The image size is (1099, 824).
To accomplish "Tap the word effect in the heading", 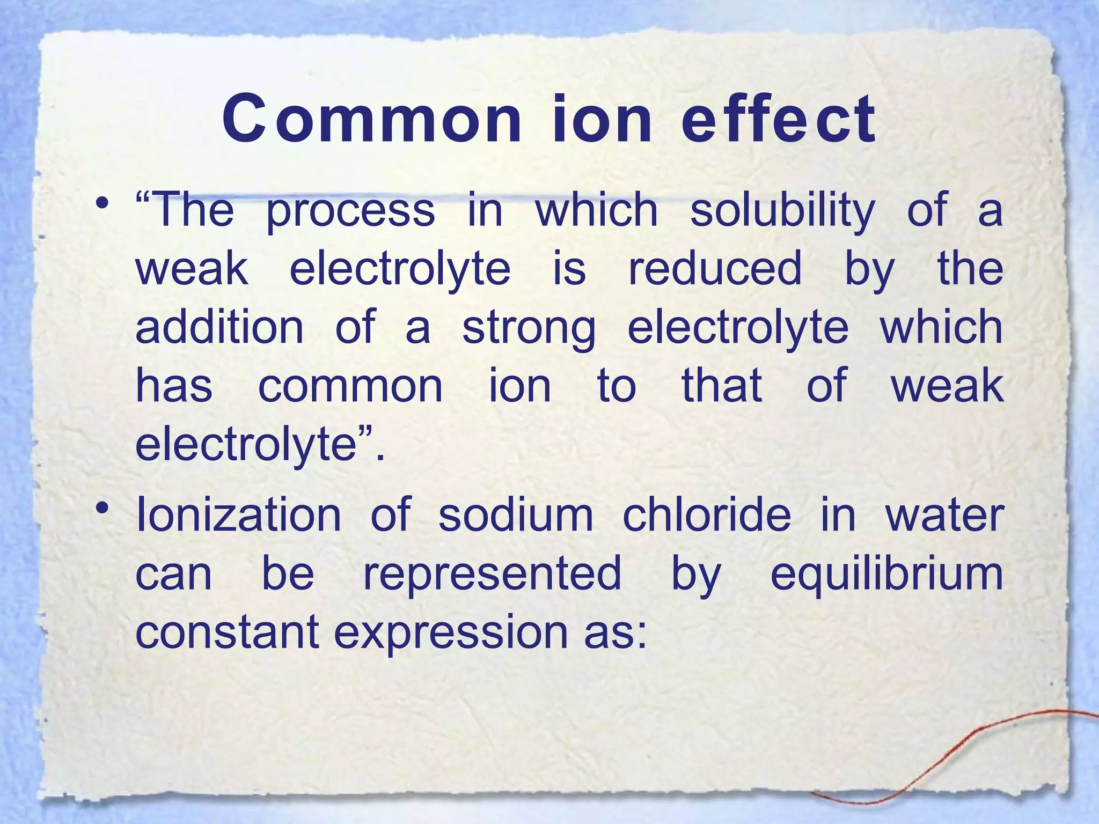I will (x=778, y=119).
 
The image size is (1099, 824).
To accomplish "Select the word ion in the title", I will (x=601, y=119).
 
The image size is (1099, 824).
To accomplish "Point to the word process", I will (x=350, y=211).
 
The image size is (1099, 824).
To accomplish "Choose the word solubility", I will (x=782, y=211).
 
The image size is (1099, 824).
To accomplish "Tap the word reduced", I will (x=715, y=269).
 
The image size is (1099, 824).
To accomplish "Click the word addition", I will (x=219, y=327).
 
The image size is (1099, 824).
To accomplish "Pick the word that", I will (x=722, y=386).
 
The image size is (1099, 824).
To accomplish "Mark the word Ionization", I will (x=238, y=515).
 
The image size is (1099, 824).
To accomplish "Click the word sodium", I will (x=516, y=515).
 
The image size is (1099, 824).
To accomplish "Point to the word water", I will (x=944, y=515).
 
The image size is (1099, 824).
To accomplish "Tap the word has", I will (x=174, y=386).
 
